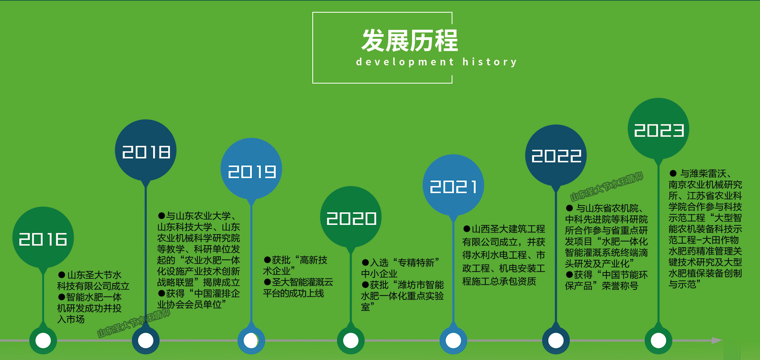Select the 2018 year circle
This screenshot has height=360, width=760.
coord(146,150)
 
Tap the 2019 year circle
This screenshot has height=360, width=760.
coord(251,169)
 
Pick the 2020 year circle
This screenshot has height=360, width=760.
coord(351,217)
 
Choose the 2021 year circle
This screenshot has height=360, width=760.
coord(454,185)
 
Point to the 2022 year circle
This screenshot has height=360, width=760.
coord(556,155)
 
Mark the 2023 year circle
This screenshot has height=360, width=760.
coord(659,129)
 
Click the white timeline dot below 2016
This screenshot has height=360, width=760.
coord(43,340)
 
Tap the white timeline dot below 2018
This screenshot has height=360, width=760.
coord(146,340)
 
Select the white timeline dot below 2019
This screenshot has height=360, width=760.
coord(251,340)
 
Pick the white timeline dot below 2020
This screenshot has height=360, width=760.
coord(351,340)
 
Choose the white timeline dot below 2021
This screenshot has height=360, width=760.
coord(454,340)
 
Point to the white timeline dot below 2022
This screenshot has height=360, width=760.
coord(556,340)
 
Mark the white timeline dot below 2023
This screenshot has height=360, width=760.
coord(659,340)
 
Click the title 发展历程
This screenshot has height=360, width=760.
coord(410,40)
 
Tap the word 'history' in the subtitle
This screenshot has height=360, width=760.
coord(490,62)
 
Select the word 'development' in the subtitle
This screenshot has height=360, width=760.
coord(405,62)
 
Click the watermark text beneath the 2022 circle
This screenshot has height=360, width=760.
coord(606,187)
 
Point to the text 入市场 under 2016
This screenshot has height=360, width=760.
coord(71,319)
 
